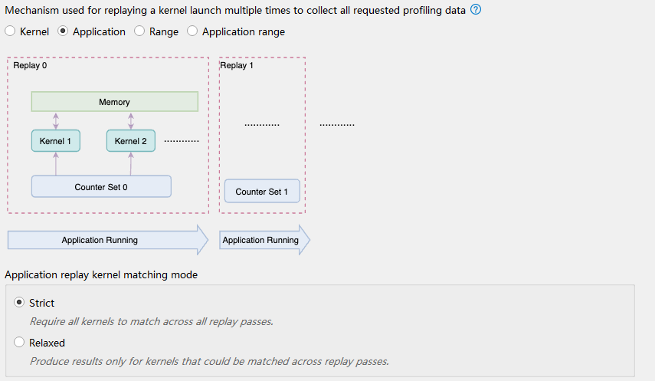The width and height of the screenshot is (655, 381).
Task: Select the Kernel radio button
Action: [10, 31]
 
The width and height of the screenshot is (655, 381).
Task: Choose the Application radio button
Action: [63, 31]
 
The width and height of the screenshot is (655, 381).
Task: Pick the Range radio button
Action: [139, 31]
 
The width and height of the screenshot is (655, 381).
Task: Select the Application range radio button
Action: [192, 31]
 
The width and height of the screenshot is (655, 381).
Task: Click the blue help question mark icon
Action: [476, 10]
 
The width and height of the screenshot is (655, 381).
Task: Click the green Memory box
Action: [115, 102]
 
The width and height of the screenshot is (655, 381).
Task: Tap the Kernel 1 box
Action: [56, 141]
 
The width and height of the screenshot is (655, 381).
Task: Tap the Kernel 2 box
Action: [131, 141]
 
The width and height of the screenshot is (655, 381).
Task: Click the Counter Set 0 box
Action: [101, 186]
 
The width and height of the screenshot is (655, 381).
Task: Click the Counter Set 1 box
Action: [262, 191]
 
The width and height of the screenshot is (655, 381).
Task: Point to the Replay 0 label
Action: [30, 65]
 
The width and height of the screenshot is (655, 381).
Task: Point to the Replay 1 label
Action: [237, 65]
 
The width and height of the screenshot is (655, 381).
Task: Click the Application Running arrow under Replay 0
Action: [108, 240]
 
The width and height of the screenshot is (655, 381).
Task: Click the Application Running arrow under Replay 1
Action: [264, 240]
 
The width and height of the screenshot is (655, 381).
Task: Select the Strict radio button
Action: [19, 302]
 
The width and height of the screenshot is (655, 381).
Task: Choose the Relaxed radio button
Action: [19, 342]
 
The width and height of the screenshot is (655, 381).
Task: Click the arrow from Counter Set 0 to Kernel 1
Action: [56, 163]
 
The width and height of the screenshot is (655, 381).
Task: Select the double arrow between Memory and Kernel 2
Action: [131, 121]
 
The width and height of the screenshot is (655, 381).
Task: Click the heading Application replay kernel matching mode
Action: [101, 274]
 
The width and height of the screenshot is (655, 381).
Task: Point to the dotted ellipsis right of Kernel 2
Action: [182, 141]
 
